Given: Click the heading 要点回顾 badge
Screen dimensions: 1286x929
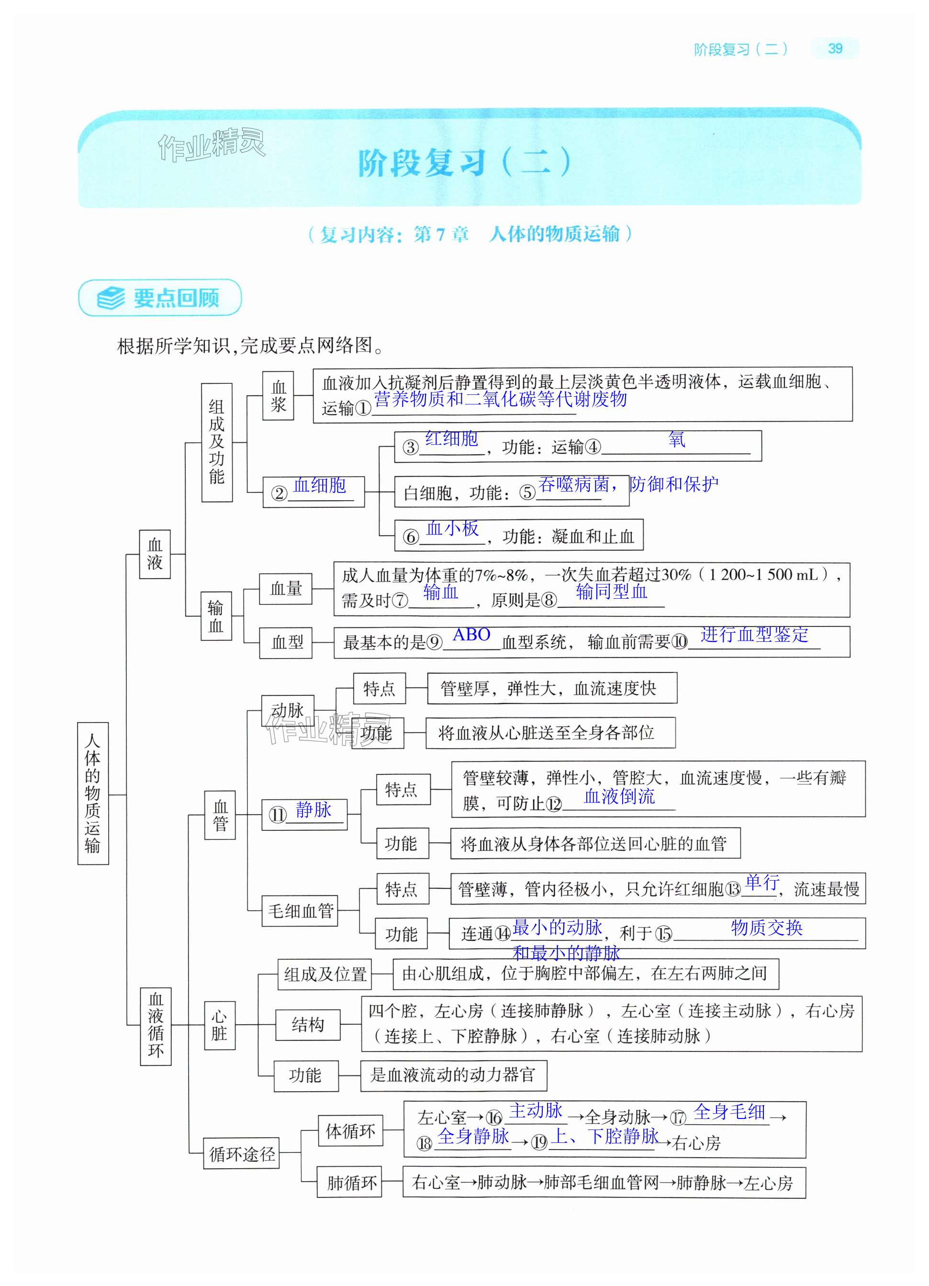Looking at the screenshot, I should [x=160, y=298].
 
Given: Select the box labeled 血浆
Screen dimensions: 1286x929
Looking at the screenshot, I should [x=278, y=396].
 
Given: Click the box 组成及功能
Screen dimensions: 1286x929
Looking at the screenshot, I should [x=217, y=442].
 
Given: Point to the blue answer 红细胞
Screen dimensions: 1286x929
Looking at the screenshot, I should [x=451, y=439].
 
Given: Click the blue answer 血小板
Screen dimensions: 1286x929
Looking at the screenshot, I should [x=452, y=528].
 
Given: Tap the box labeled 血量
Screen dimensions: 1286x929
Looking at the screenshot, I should [x=286, y=589].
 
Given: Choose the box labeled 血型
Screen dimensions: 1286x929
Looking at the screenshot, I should [x=286, y=642].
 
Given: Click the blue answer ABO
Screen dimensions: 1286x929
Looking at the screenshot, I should [x=471, y=635].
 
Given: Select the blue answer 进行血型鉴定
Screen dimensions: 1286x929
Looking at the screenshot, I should [x=754, y=635].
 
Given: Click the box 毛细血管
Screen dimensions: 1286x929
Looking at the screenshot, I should [x=300, y=911].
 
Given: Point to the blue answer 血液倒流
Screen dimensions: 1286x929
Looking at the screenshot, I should [x=619, y=797].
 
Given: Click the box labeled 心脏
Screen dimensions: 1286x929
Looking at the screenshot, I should [x=220, y=1025].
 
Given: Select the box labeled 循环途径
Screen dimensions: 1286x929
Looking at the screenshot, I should [x=242, y=1153].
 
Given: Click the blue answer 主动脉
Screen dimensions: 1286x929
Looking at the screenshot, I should [x=536, y=1111].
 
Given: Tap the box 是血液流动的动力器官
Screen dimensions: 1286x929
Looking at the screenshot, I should [x=453, y=1075].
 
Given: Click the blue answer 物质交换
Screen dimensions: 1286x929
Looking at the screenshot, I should [x=766, y=928].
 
